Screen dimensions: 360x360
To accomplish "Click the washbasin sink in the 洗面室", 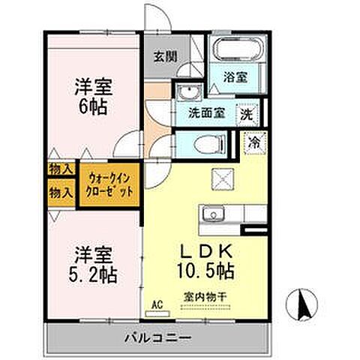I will pyautogui.click(x=187, y=93).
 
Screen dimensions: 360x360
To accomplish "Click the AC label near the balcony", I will pyautogui.click(x=157, y=305).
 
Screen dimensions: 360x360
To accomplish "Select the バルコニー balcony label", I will pyautogui.click(x=157, y=337).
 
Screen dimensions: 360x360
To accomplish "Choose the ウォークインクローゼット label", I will pyautogui.click(x=110, y=186).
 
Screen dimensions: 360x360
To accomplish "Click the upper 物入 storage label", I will pyautogui.click(x=60, y=170).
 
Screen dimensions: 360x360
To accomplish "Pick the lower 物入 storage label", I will pyautogui.click(x=60, y=193).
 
